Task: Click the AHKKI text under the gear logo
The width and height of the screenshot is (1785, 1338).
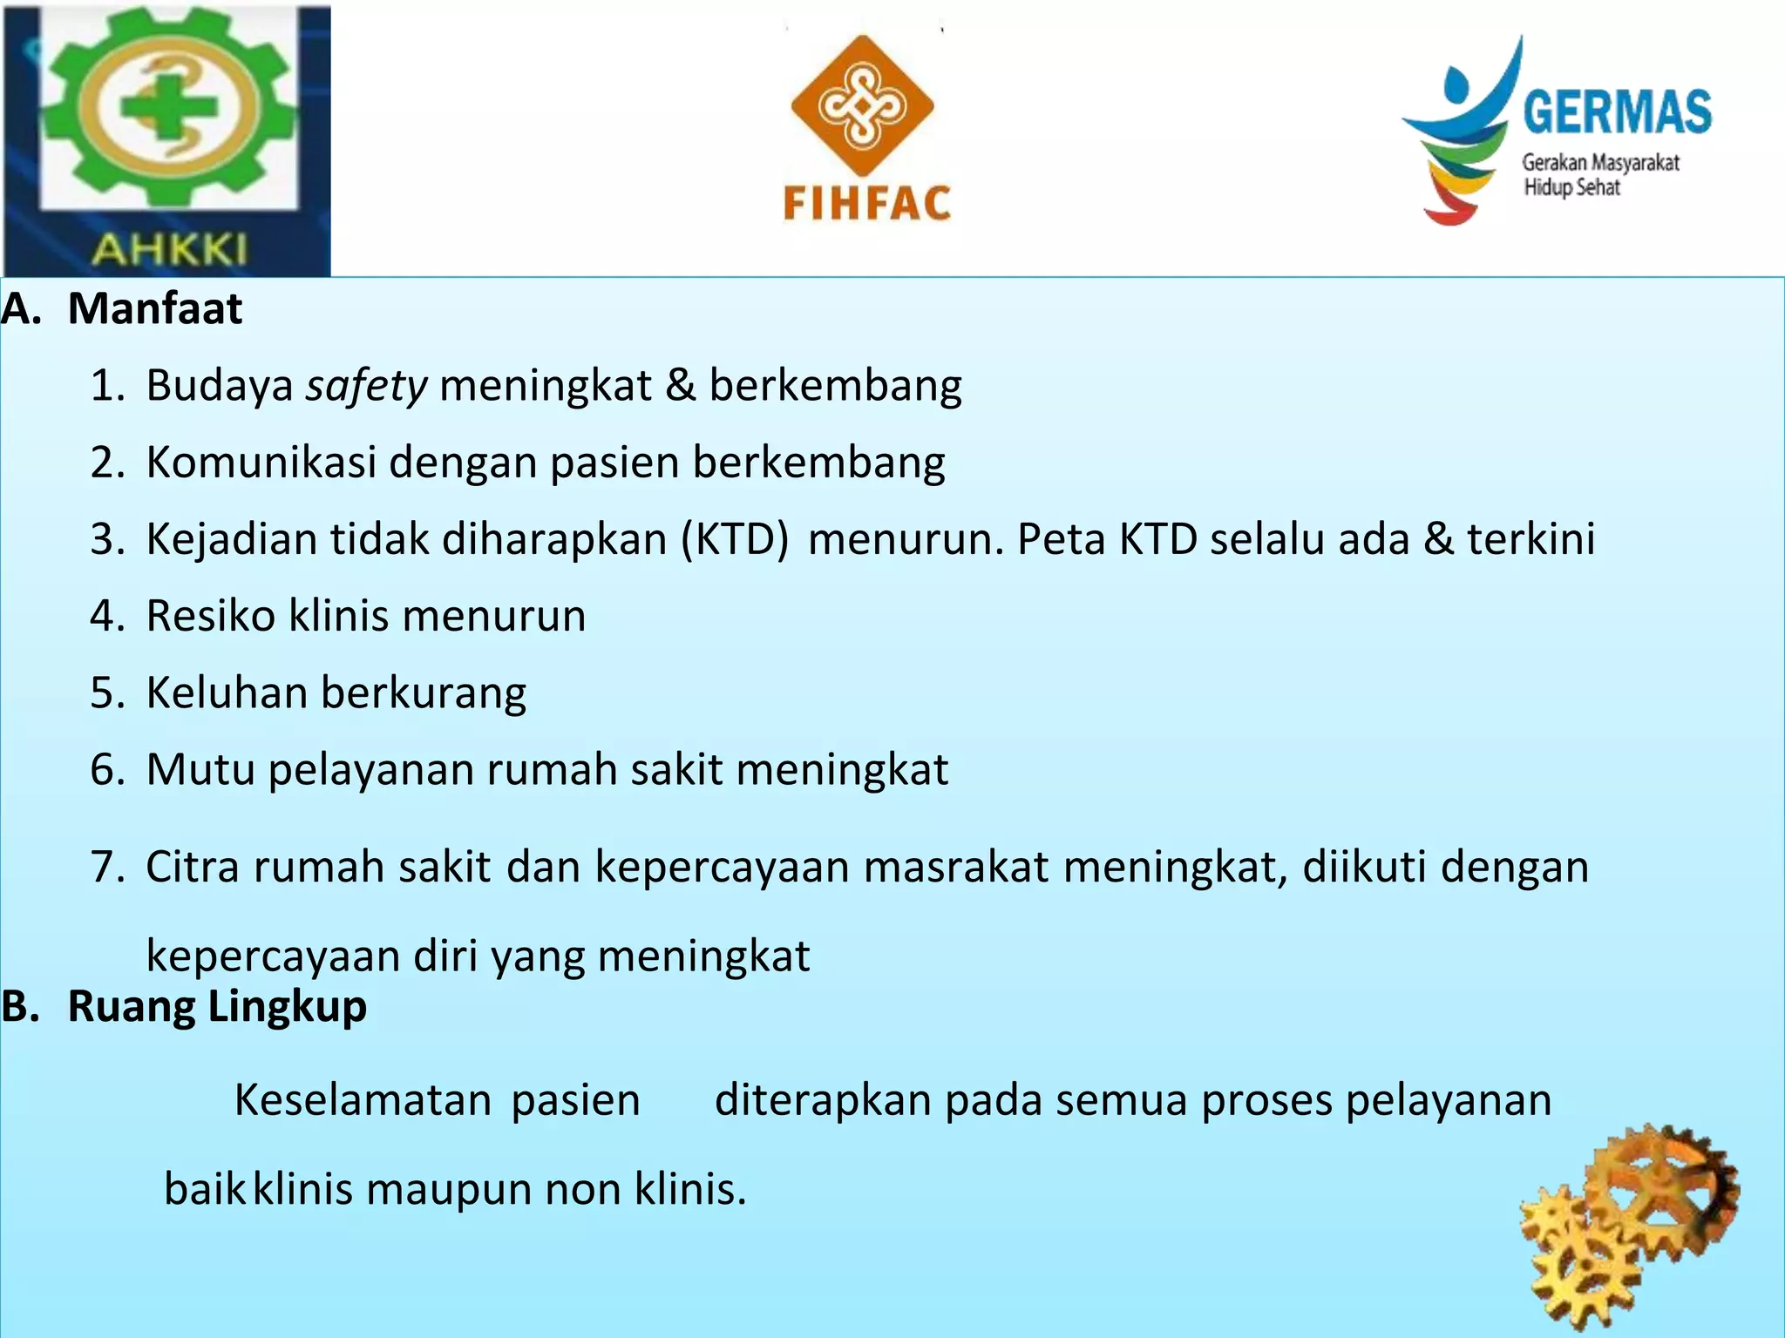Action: pyautogui.click(x=169, y=250)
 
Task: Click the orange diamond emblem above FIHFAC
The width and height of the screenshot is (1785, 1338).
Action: pyautogui.click(x=861, y=105)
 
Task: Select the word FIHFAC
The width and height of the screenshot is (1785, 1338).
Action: pyautogui.click(x=866, y=204)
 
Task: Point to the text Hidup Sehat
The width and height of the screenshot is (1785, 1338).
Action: pyautogui.click(x=1571, y=187)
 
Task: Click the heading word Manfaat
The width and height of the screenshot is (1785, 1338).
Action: pyautogui.click(x=155, y=308)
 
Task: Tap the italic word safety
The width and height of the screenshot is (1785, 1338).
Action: pyautogui.click(x=366, y=386)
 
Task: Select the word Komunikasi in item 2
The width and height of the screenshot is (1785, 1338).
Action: pyautogui.click(x=261, y=462)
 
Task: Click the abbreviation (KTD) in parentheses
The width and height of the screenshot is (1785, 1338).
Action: pyautogui.click(x=735, y=539)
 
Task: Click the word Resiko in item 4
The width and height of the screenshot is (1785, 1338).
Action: pyautogui.click(x=210, y=616)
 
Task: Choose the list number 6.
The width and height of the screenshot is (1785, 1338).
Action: pyautogui.click(x=107, y=770)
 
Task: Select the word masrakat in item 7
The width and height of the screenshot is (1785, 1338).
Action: pyautogui.click(x=955, y=867)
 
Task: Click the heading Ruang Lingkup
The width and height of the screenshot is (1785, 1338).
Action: pyautogui.click(x=217, y=1006)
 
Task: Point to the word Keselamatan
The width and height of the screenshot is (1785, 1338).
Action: pyautogui.click(x=363, y=1100)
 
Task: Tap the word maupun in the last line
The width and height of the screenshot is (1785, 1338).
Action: pyautogui.click(x=449, y=1189)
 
